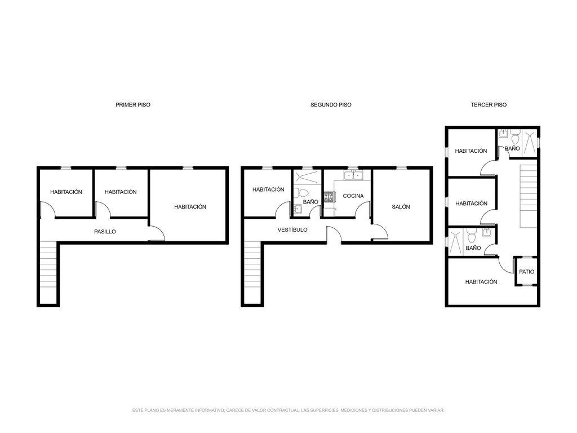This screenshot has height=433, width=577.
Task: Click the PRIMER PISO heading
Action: tap(133, 104)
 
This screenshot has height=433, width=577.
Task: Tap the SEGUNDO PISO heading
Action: tap(331, 104)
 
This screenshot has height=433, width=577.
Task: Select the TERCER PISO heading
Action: tap(489, 104)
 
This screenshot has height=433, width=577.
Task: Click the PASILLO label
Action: tap(105, 232)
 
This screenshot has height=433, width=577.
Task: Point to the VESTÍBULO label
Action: tap(292, 230)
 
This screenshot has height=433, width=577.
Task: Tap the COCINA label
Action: tap(353, 196)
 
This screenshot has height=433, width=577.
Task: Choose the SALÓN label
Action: tap(401, 207)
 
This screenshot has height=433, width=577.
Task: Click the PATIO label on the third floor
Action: tap(527, 272)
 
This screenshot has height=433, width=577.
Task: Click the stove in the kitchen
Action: tap(329, 197)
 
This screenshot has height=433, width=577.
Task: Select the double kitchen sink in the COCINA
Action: tap(353, 175)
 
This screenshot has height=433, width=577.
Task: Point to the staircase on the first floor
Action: tap(48, 272)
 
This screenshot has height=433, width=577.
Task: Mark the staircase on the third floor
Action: tap(529, 196)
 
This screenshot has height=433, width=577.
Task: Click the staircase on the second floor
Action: tap(252, 272)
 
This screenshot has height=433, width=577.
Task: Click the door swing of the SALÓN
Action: tap(380, 232)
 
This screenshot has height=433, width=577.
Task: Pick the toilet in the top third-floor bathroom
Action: tap(515, 138)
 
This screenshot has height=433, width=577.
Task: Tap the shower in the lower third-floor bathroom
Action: tap(455, 241)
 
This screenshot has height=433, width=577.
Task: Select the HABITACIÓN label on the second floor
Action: tap(268, 189)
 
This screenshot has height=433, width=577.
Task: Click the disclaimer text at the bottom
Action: tap(288, 410)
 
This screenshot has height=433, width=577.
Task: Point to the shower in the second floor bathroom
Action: tap(307, 177)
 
